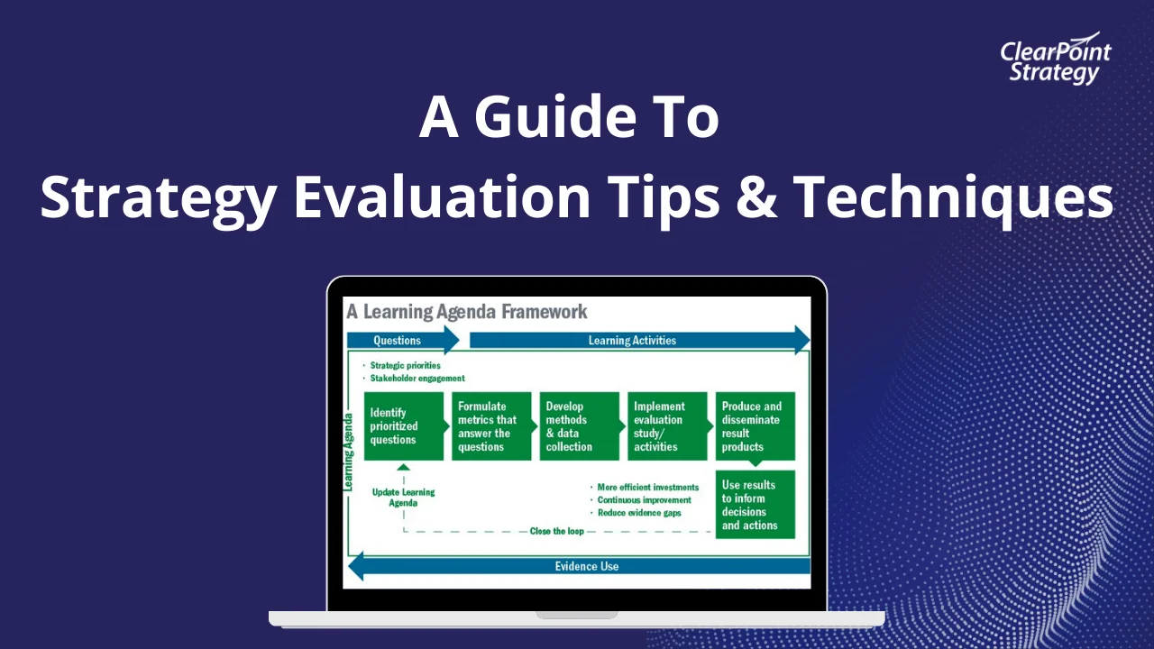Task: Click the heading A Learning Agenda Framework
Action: pyautogui.click(x=467, y=312)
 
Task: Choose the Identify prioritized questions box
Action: pyautogui.click(x=404, y=426)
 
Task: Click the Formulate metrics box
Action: pyautogui.click(x=491, y=426)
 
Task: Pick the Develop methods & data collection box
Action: pyautogui.click(x=579, y=426)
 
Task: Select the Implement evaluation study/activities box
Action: pyautogui.click(x=667, y=426)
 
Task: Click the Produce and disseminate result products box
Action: pyautogui.click(x=755, y=426)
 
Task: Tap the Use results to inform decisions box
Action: pyautogui.click(x=755, y=505)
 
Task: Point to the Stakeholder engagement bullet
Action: pyautogui.click(x=417, y=379)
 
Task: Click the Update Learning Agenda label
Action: pyautogui.click(x=403, y=498)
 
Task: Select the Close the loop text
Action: pyautogui.click(x=557, y=531)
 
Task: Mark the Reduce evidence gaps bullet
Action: pyautogui.click(x=639, y=513)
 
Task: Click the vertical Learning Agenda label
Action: pyautogui.click(x=348, y=451)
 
